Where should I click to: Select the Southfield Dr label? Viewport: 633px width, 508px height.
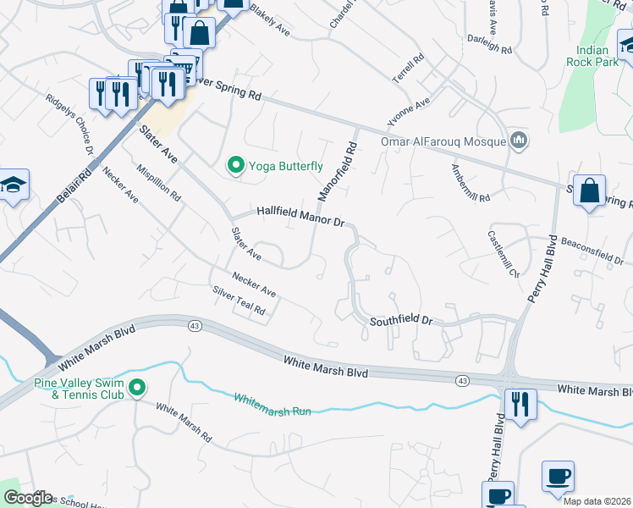401,321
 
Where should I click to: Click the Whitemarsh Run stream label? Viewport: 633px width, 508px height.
272,405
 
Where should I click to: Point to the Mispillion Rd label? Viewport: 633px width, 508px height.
158,181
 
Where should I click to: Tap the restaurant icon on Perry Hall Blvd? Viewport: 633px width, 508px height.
520,403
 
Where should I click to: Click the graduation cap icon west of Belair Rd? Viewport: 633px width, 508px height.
14,186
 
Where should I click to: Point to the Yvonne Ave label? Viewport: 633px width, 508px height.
409,111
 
